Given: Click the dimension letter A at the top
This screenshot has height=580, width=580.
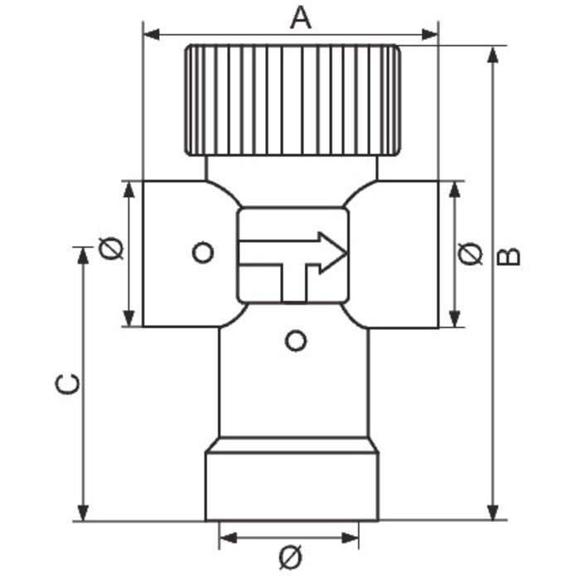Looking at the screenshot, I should click(301, 17).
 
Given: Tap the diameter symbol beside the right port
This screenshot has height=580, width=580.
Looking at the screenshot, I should click(470, 254).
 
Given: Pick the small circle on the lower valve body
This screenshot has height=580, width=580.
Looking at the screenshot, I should click(295, 340).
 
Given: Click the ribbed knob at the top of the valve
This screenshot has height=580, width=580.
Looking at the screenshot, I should click(292, 99).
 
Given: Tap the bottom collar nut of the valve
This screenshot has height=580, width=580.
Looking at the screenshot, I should click(292, 485).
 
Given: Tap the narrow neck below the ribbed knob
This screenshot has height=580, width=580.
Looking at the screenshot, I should click(292, 169).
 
